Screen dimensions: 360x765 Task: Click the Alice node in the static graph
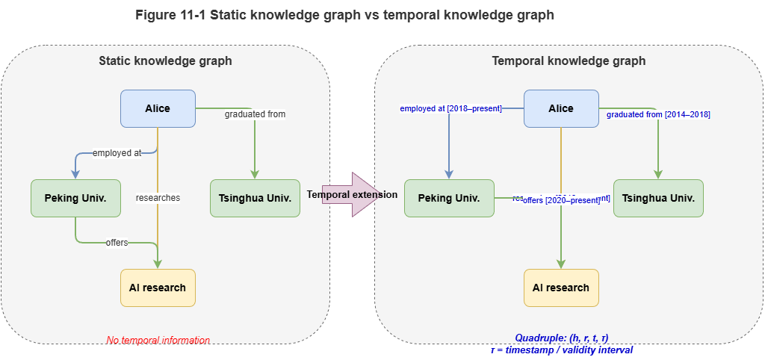(158, 108)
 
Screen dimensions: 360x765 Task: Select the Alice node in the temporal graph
(561, 108)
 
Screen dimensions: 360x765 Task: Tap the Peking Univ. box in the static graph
(75, 198)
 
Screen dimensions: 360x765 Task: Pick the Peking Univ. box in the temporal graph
(448, 198)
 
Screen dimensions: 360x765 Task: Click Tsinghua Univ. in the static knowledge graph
(254, 198)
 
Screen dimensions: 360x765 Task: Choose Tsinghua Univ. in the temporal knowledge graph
(657, 198)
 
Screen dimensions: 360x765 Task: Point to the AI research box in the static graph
(158, 288)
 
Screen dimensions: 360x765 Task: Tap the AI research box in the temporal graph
(561, 288)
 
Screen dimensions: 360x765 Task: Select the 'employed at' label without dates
(117, 153)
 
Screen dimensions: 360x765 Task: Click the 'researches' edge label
(158, 198)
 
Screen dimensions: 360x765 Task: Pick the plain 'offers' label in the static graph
(117, 243)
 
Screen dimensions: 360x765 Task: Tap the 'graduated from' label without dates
(255, 114)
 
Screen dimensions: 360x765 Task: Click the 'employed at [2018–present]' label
(450, 109)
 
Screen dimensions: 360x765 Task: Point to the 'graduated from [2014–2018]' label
(658, 114)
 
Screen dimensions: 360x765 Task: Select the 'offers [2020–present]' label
(561, 200)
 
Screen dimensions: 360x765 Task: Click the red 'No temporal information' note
(158, 341)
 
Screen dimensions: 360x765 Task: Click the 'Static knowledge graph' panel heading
(165, 61)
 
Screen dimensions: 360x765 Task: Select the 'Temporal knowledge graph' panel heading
(569, 61)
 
